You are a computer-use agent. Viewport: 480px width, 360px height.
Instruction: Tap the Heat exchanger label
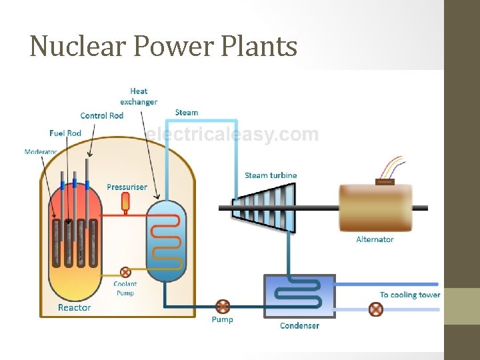(x=139, y=97)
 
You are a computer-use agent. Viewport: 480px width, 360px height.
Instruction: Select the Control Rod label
(x=101, y=115)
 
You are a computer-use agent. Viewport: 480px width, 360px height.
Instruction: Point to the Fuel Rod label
(x=65, y=133)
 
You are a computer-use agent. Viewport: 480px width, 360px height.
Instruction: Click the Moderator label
(x=41, y=152)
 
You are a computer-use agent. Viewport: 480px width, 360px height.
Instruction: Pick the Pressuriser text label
(x=127, y=187)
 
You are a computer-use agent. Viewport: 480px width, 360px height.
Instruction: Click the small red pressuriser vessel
(x=125, y=201)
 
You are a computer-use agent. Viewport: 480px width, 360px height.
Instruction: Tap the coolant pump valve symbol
(x=125, y=272)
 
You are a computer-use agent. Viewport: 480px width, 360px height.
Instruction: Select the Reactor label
(x=74, y=307)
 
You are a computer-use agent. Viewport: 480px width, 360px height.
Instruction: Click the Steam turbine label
(x=271, y=175)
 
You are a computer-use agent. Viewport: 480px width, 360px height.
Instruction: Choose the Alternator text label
(x=375, y=239)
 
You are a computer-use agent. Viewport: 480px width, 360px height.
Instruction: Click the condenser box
(x=300, y=296)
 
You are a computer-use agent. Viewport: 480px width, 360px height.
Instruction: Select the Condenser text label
(x=299, y=325)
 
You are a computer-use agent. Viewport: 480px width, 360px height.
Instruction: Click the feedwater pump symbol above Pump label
(x=223, y=307)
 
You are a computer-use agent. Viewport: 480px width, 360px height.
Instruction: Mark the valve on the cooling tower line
(x=377, y=309)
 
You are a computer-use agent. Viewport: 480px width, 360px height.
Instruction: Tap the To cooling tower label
(x=410, y=295)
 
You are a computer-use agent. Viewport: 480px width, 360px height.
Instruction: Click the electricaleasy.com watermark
(x=232, y=135)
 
